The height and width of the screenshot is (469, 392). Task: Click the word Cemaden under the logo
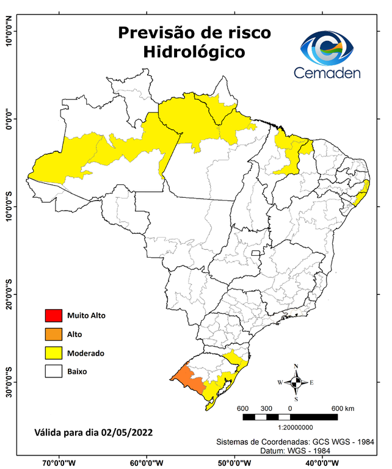327,73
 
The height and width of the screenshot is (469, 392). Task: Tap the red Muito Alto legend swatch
53,316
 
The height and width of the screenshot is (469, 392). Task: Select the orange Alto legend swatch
53,334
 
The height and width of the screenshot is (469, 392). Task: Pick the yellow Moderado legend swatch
53,353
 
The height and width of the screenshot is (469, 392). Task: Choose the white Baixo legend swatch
53,371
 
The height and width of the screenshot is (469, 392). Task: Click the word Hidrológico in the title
194,53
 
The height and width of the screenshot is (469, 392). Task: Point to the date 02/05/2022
127,432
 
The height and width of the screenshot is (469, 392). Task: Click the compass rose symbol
296,383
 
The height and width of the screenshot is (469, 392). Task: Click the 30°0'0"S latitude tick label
9,382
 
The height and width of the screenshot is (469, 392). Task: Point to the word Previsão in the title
156,32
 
